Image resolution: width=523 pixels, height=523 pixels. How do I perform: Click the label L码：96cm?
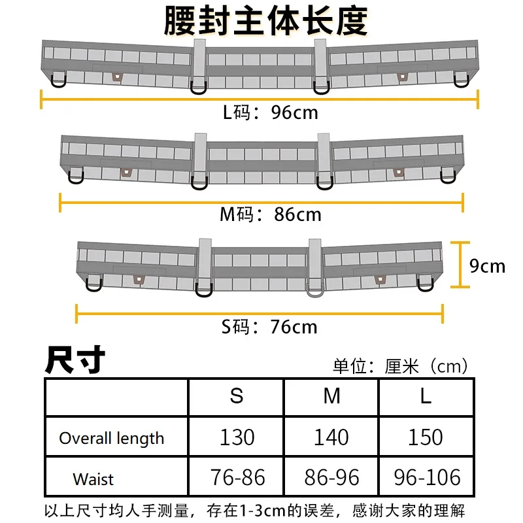tap(270, 112)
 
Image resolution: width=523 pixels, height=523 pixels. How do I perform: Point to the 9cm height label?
tap(488, 266)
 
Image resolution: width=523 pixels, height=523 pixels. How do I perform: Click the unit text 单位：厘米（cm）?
tap(401, 366)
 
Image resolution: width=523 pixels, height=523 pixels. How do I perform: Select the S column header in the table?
tap(236, 397)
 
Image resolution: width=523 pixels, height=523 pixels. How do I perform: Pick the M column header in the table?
tap(331, 397)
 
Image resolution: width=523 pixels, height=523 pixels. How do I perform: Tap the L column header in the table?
tap(426, 397)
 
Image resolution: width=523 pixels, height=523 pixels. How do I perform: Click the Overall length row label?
tap(112, 438)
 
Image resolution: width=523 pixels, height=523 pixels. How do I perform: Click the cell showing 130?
tap(237, 437)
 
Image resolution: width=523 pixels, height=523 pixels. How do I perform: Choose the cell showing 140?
tap(331, 437)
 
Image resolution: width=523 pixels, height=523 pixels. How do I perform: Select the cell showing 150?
tap(426, 437)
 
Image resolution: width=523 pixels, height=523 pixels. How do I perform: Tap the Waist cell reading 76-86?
tap(237, 478)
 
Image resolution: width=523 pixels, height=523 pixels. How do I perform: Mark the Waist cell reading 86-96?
tap(331, 478)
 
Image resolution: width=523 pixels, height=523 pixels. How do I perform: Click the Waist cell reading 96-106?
tap(426, 478)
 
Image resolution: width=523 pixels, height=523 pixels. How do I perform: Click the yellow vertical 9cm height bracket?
tap(462, 264)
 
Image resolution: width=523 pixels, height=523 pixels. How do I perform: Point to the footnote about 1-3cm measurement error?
tap(255, 511)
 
